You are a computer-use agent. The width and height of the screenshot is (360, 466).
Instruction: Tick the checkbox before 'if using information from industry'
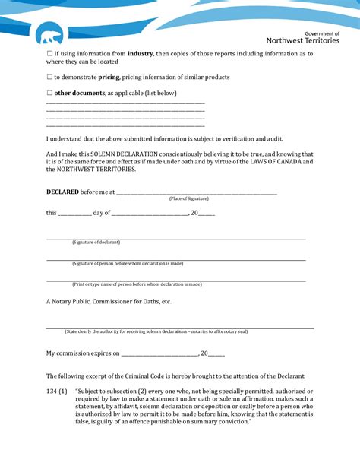(x=49, y=54)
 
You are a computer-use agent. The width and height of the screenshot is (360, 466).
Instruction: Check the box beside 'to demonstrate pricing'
(x=49, y=78)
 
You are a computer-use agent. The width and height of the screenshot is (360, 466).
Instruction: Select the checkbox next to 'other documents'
(x=49, y=94)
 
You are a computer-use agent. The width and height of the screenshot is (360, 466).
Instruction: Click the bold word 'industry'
(x=141, y=54)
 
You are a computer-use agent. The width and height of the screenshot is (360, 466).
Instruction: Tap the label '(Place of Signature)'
(x=189, y=198)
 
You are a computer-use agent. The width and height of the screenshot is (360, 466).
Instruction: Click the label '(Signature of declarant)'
(x=96, y=242)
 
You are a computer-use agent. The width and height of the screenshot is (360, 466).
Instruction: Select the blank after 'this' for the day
(x=74, y=214)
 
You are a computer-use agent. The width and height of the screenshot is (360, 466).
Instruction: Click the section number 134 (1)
(x=57, y=392)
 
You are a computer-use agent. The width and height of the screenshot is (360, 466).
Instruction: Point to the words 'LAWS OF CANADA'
(x=271, y=162)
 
